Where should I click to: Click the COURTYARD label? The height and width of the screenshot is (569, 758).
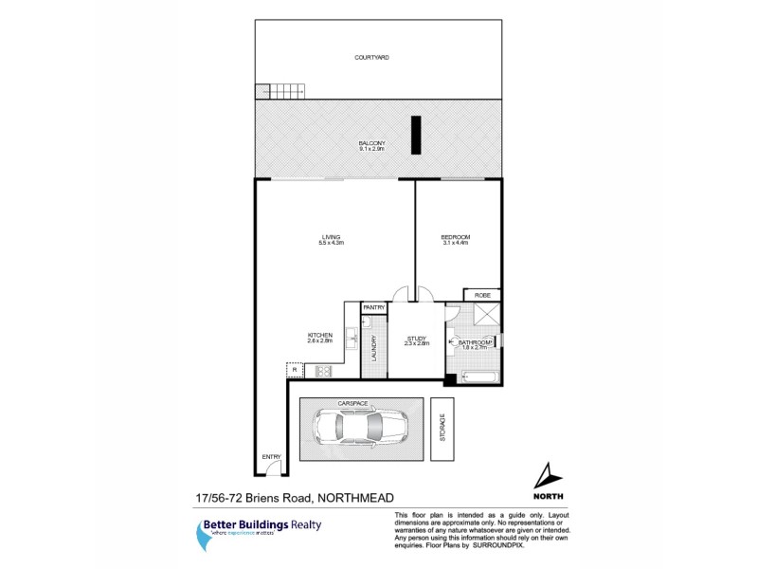pyautogui.click(x=371, y=58)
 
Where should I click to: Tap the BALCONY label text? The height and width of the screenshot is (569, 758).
pyautogui.click(x=371, y=143)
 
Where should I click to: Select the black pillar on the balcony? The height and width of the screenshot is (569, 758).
pyautogui.click(x=415, y=134)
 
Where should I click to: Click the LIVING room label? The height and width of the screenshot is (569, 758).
pyautogui.click(x=331, y=237)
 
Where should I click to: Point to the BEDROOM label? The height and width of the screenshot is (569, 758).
pyautogui.click(x=456, y=237)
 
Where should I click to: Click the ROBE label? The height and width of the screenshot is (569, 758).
pyautogui.click(x=481, y=296)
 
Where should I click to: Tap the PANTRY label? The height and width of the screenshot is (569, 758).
pyautogui.click(x=373, y=307)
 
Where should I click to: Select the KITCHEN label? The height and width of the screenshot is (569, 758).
pyautogui.click(x=318, y=335)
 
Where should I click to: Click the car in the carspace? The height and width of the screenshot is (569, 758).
pyautogui.click(x=359, y=427)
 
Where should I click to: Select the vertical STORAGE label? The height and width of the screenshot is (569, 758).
pyautogui.click(x=442, y=428)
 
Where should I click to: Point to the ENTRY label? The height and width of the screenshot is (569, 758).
pyautogui.click(x=272, y=457)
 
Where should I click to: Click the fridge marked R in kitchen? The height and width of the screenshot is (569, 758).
pyautogui.click(x=294, y=370)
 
